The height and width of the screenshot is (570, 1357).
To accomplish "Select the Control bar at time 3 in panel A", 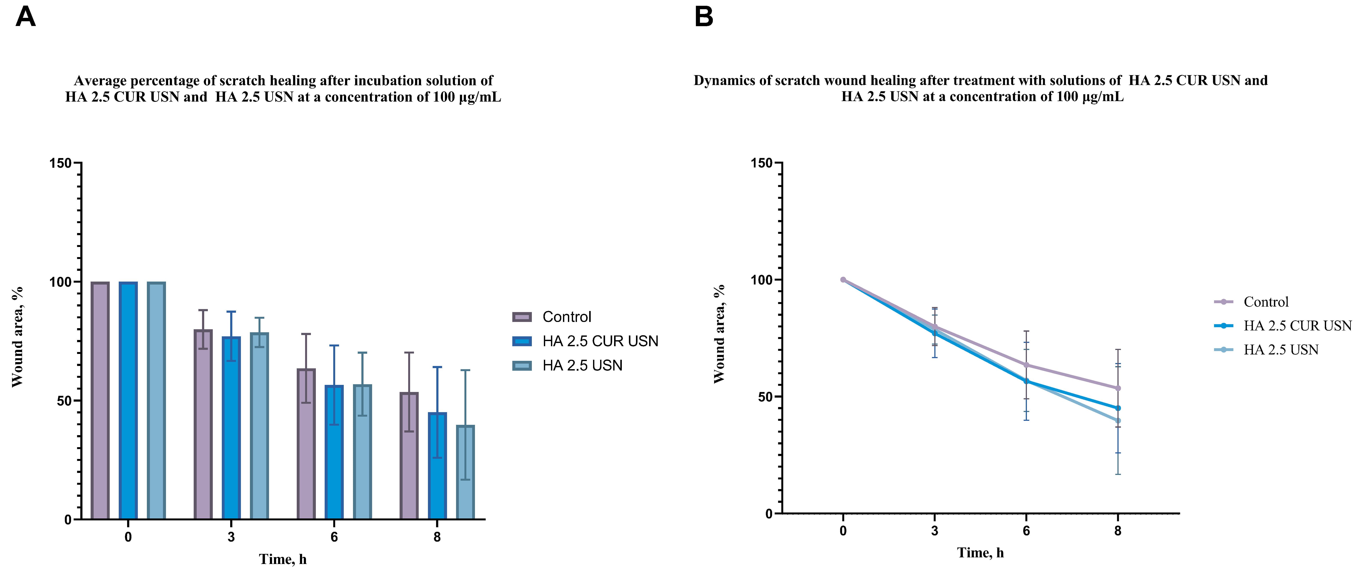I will [203, 424].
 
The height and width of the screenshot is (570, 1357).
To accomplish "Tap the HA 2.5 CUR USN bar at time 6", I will [334, 452].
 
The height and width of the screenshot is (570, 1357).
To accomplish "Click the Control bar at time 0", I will [100, 400].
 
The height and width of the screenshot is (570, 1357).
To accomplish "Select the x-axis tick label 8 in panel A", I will [437, 537].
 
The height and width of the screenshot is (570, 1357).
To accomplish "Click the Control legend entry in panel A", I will [566, 317].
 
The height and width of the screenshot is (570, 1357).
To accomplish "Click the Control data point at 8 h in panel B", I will [1118, 388].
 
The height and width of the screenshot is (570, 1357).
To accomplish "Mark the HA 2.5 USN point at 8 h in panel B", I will [1118, 420].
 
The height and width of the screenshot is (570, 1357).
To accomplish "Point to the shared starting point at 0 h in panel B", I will [843, 280].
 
